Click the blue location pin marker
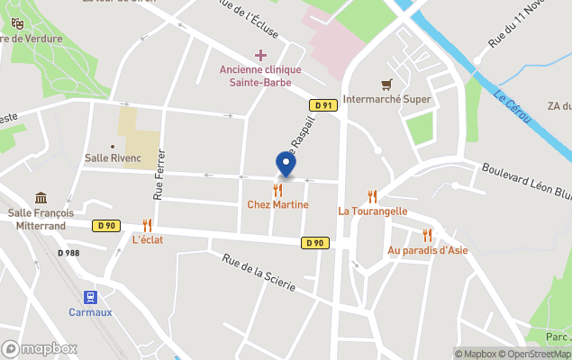pos(286,165)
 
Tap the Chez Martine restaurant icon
pos(277,191)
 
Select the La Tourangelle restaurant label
pos(373,211)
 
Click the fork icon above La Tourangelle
pos(372,196)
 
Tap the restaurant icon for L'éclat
pos(147,225)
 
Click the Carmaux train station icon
pos(90,297)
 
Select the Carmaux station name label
pos(90,312)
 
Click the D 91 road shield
pos(322,105)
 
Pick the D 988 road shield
pos(68,253)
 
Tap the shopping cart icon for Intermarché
pos(386,85)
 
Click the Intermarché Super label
pos(387,99)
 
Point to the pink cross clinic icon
pos(260,56)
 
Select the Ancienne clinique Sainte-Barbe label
pos(260,76)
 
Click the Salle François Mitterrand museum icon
pos(41,198)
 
